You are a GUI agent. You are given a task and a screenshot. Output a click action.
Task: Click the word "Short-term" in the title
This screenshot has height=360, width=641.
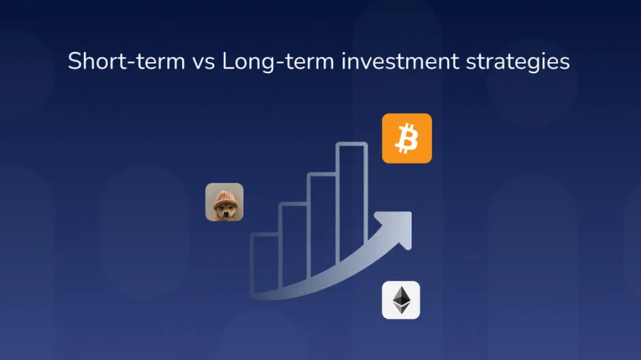(x=127, y=61)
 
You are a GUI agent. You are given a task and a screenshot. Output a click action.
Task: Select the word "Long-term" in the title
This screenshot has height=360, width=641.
(x=278, y=61)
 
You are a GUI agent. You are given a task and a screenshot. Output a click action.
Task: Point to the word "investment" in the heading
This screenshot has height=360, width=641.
(x=400, y=61)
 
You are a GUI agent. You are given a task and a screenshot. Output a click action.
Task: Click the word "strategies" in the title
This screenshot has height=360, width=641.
(x=517, y=63)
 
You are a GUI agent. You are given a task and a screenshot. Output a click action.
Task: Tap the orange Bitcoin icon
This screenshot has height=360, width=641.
(x=407, y=138)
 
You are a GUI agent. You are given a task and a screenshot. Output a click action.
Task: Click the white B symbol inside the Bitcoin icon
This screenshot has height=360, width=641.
(x=407, y=139)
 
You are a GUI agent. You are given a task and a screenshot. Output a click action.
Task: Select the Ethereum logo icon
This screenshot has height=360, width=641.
(x=401, y=300)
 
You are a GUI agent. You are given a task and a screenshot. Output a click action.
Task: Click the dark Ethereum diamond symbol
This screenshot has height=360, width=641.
(x=401, y=300)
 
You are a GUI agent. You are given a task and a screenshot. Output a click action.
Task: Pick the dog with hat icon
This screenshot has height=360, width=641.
(x=225, y=202)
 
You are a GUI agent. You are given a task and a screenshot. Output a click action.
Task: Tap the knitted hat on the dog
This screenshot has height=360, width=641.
(x=224, y=197)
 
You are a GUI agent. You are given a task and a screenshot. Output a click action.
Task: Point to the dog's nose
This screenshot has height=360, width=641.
(x=226, y=213)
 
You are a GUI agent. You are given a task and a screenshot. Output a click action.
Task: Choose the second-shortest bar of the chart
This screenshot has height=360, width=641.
(x=293, y=244)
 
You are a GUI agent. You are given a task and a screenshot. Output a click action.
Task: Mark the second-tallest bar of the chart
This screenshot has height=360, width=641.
(x=323, y=224)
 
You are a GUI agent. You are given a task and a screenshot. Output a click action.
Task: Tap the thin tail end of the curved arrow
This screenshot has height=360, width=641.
(x=254, y=295)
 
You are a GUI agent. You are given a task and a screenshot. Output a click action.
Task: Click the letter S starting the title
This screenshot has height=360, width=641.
(x=75, y=61)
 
